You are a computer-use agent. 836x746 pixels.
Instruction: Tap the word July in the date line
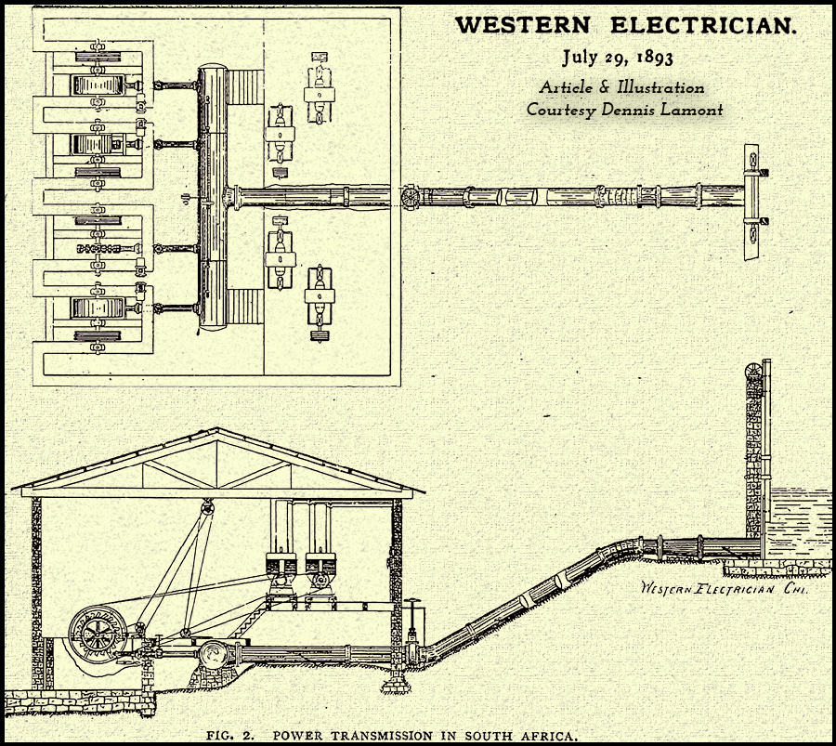(x=581, y=59)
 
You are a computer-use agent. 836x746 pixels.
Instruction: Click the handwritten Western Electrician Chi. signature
(x=720, y=588)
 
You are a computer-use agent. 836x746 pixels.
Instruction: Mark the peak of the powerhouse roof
(x=216, y=430)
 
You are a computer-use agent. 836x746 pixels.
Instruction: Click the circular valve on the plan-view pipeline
(x=408, y=196)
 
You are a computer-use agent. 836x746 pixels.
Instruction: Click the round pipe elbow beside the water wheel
(x=211, y=655)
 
